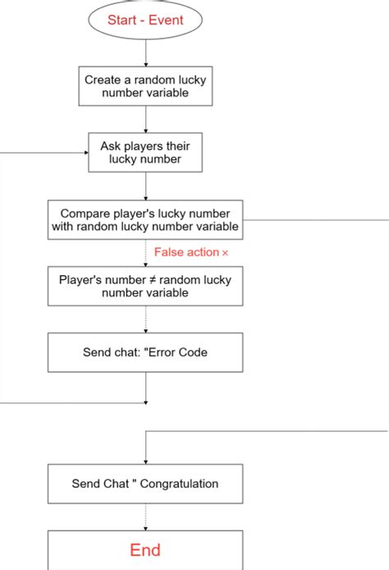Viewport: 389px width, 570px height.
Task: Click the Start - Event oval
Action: click(x=145, y=19)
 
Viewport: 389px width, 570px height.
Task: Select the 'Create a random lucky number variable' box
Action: click(x=145, y=86)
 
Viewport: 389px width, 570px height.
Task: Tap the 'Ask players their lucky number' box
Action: click(x=145, y=152)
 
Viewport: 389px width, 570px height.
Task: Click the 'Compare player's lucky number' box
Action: click(x=145, y=220)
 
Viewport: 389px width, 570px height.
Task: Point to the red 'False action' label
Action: click(x=185, y=252)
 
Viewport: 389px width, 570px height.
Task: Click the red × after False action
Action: click(x=225, y=253)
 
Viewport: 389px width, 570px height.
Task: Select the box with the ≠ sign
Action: click(x=145, y=286)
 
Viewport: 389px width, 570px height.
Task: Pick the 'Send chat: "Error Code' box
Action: click(x=145, y=352)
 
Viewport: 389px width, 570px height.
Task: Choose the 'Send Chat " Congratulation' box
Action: click(x=145, y=484)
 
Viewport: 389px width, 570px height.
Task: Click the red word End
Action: click(x=145, y=549)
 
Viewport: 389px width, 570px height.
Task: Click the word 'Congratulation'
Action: click(x=179, y=484)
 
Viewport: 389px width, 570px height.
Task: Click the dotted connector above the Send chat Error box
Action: click(x=145, y=319)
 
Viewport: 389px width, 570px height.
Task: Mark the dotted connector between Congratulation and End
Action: click(x=145, y=517)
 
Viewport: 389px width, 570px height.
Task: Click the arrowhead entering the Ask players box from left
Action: click(x=85, y=152)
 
